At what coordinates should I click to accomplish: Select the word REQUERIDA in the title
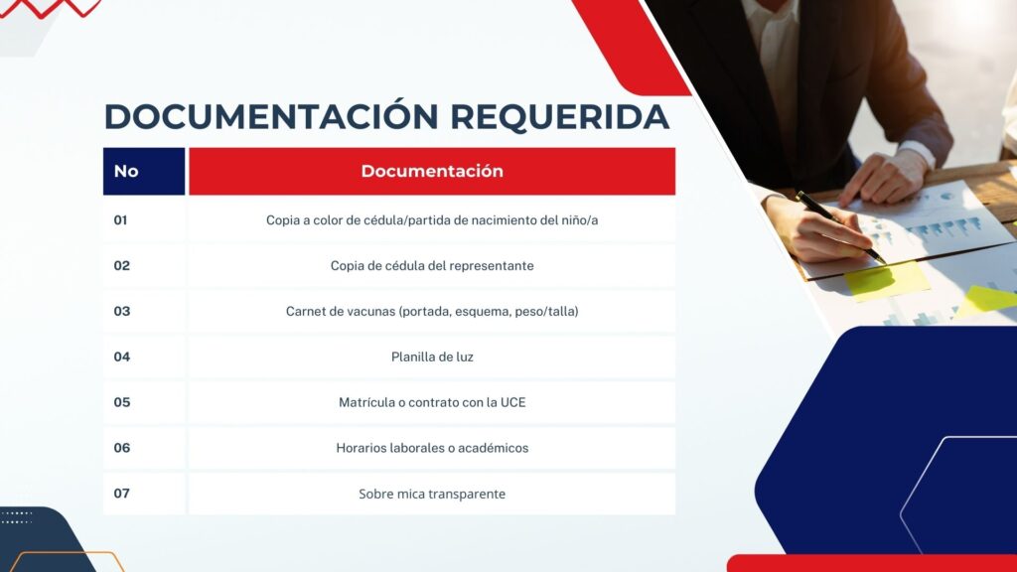point(560,117)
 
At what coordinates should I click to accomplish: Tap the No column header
point(144,171)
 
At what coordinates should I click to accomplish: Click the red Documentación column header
point(432,171)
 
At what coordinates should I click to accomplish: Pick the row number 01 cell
point(144,219)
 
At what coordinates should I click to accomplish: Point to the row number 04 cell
point(144,357)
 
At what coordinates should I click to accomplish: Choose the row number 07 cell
point(144,494)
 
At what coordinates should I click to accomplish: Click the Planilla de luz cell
point(432,357)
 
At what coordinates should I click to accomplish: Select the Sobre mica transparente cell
point(432,494)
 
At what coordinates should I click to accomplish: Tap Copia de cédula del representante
point(432,266)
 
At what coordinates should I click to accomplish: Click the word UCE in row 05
point(513,402)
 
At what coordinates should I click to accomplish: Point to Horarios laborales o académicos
point(432,448)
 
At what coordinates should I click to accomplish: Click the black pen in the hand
point(840,227)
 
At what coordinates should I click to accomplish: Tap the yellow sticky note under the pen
point(887,280)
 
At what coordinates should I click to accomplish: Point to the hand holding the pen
point(817,228)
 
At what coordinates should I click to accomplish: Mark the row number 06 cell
point(144,448)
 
